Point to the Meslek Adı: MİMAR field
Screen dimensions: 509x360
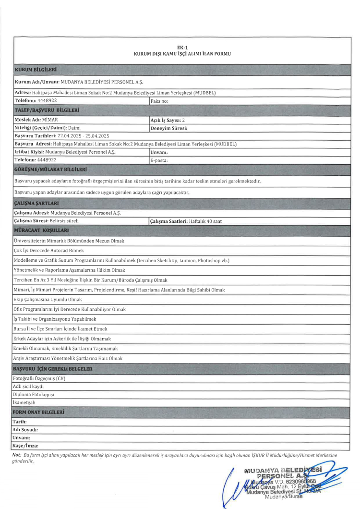[36, 120]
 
